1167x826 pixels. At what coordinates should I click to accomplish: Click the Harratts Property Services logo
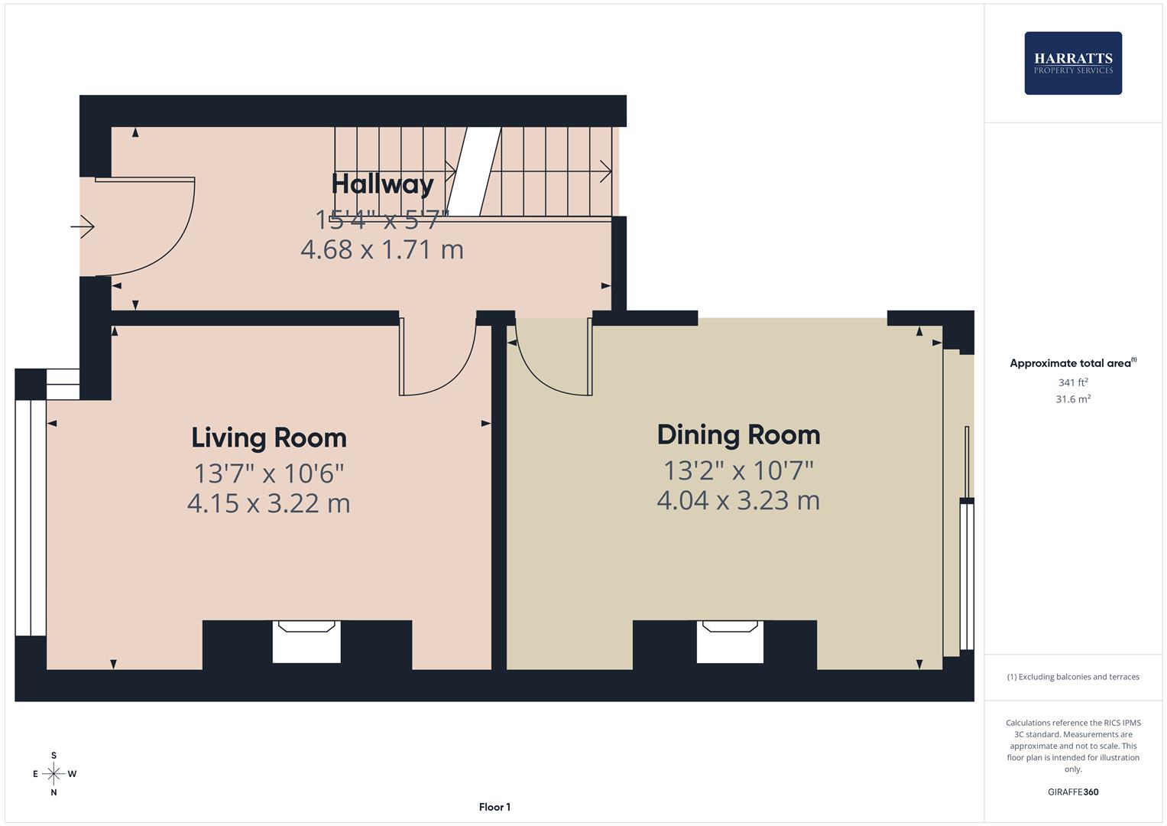(x=1073, y=63)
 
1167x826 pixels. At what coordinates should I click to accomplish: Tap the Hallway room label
(x=382, y=184)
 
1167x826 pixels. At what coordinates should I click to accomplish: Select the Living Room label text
(x=269, y=437)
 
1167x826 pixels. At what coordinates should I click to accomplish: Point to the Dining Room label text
(x=738, y=435)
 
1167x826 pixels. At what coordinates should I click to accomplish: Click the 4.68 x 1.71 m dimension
(x=382, y=250)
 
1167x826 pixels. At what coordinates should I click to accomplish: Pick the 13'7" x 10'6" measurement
(x=269, y=473)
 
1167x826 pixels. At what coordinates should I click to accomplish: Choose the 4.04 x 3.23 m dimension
(x=738, y=501)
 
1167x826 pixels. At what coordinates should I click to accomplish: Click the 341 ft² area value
(x=1073, y=382)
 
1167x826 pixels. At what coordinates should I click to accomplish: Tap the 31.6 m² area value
(x=1073, y=399)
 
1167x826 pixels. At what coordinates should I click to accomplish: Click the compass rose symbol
(x=53, y=774)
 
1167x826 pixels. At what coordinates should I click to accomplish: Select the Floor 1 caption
(x=494, y=807)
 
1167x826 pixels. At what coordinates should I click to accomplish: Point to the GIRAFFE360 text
(x=1073, y=792)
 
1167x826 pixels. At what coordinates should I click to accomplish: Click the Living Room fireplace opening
(x=306, y=642)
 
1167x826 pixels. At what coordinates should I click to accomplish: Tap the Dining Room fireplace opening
(x=730, y=642)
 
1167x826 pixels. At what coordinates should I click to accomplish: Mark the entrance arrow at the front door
(x=83, y=227)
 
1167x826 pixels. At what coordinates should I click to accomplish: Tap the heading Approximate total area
(x=1073, y=363)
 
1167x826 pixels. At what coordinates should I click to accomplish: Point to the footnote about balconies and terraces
(x=1073, y=677)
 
